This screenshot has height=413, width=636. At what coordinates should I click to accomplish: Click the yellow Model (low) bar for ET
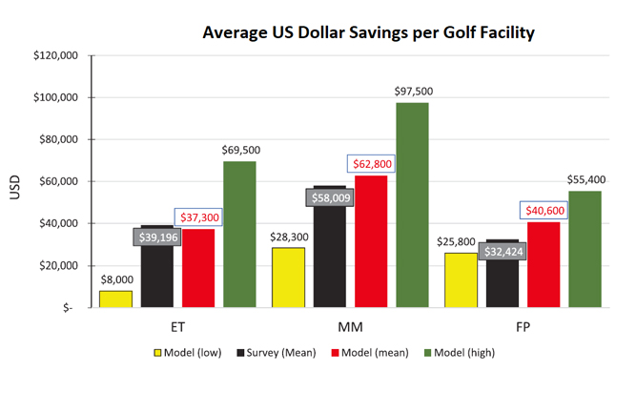(x=116, y=299)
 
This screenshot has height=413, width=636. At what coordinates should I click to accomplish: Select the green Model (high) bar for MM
(x=413, y=205)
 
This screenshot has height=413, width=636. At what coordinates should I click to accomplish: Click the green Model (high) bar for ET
(x=239, y=234)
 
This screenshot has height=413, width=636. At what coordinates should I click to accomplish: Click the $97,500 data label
(x=413, y=91)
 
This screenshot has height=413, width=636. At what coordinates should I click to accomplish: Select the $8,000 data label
(x=116, y=279)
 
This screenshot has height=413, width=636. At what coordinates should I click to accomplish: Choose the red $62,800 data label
(x=371, y=164)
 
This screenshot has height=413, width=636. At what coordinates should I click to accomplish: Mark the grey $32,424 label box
(x=502, y=253)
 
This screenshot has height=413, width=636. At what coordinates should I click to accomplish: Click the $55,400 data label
(x=585, y=179)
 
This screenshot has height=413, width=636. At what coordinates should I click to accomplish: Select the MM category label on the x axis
(x=350, y=325)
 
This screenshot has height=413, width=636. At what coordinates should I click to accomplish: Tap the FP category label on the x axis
(x=523, y=325)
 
